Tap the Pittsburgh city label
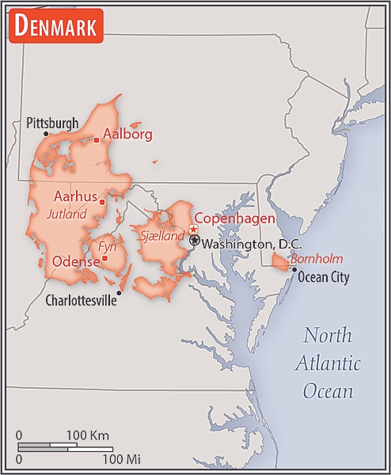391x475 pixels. click(52, 123)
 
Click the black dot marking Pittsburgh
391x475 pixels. click(46, 134)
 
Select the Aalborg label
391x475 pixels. click(127, 134)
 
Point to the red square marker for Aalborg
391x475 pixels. click(97, 140)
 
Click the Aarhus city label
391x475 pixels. click(76, 196)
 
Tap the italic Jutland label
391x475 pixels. click(66, 214)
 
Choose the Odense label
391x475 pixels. click(75, 261)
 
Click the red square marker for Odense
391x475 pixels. click(104, 258)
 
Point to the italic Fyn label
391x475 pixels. click(107, 246)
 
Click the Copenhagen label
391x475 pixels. click(235, 218)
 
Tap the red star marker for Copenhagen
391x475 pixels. click(193, 229)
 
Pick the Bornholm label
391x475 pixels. click(316, 259)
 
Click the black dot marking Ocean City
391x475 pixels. click(294, 270)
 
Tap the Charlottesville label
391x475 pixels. click(81, 300)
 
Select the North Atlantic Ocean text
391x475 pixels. click(328, 363)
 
